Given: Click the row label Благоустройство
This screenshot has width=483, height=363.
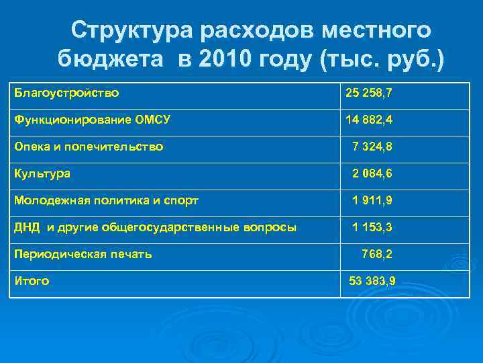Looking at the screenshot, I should pyautogui.click(x=66, y=93).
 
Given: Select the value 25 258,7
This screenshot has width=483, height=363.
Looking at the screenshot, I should pyautogui.click(x=368, y=93).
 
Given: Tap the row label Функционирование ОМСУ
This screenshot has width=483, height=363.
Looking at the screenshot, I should pyautogui.click(x=92, y=120).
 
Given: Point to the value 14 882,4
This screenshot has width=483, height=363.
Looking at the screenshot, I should pyautogui.click(x=368, y=120).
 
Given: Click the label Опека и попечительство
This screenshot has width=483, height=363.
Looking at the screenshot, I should pyautogui.click(x=89, y=147).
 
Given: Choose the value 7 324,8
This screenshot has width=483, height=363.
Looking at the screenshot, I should pyautogui.click(x=372, y=147).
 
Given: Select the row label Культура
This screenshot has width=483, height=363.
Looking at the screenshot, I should pyautogui.click(x=42, y=173).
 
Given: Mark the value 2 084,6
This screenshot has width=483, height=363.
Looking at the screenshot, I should pyautogui.click(x=372, y=173).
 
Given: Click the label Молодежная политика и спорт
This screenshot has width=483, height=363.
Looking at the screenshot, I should pyautogui.click(x=106, y=200).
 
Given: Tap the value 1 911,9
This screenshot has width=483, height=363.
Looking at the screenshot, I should pyautogui.click(x=372, y=200).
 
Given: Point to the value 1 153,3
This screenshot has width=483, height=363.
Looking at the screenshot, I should pyautogui.click(x=372, y=227).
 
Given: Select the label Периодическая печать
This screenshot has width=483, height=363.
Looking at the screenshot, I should pyautogui.click(x=83, y=254).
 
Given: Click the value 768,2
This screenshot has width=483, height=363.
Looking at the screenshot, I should pyautogui.click(x=377, y=254).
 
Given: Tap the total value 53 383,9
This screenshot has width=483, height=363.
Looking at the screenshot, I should pyautogui.click(x=372, y=281).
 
